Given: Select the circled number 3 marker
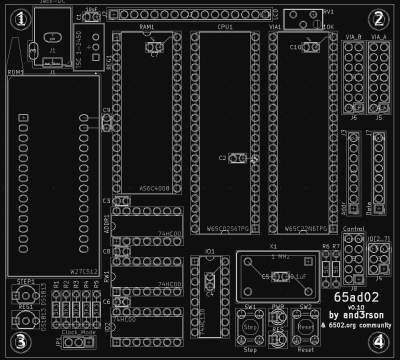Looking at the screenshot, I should click(x=22, y=341).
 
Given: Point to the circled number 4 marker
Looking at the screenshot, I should click(x=378, y=340).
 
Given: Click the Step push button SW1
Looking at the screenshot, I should click(x=251, y=327).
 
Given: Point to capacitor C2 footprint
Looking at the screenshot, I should click(x=236, y=158).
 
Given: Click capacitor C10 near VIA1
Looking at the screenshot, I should click(x=298, y=47).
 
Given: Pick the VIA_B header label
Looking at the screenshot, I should click(x=352, y=37).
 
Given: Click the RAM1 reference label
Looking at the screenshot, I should click(x=146, y=29).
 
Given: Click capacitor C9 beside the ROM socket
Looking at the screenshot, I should click(x=107, y=122).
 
